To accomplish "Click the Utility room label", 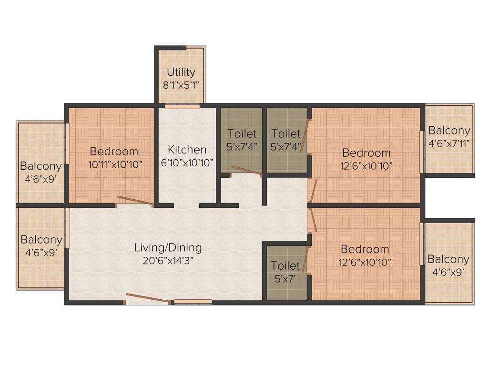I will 181,72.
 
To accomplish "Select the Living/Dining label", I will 168,247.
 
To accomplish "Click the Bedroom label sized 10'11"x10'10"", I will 114,152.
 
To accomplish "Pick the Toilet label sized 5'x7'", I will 285,265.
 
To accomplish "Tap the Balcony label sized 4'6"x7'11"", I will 449,130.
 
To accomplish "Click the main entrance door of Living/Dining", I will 148,299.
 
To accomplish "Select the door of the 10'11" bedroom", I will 135,201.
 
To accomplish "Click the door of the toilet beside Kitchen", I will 246,171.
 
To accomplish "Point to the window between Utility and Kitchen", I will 182,106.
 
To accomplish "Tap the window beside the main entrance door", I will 193,301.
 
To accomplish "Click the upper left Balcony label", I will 41,166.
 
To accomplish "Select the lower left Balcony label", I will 41,239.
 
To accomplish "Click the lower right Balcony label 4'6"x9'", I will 448,259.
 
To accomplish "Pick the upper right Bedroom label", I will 366,153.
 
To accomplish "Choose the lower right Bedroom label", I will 365,249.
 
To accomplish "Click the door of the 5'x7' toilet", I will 304,260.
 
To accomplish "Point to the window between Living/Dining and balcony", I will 67,228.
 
